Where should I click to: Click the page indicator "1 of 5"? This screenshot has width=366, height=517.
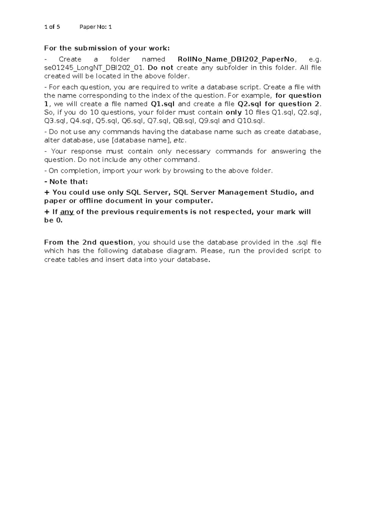point(52,27)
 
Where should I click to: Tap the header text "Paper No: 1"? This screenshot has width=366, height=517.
point(95,27)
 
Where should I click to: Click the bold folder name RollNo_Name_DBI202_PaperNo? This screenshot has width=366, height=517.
point(236,59)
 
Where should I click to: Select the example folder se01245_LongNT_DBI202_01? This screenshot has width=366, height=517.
point(94,68)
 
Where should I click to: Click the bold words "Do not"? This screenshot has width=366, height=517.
point(160,68)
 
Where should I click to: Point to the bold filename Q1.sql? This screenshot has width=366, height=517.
point(163,104)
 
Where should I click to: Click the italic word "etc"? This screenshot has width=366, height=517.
point(179,141)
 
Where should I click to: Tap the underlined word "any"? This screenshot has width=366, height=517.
point(67,212)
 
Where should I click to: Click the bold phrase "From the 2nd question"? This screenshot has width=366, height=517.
point(88,242)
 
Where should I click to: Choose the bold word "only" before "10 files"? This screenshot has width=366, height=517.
point(233,112)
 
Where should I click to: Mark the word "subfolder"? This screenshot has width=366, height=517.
point(231,68)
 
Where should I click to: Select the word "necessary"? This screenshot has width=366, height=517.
point(193,152)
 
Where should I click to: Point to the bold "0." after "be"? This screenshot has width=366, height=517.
point(59,220)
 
